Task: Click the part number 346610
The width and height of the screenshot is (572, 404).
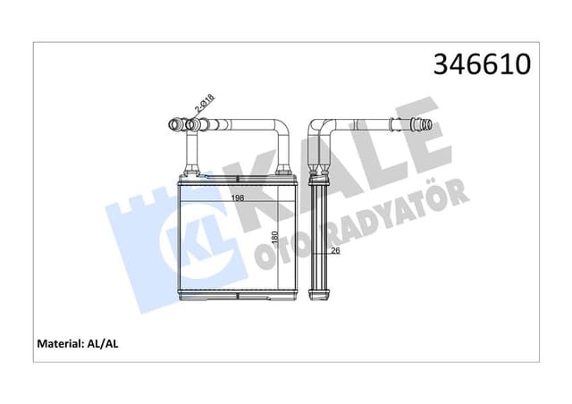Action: click(482, 65)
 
